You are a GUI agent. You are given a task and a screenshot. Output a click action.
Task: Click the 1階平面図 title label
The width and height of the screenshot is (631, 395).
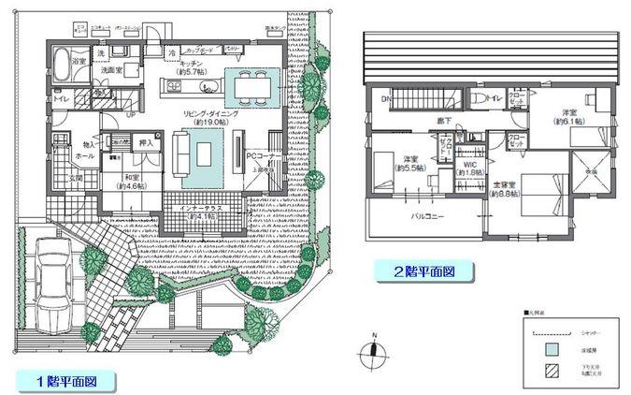pos(67,381)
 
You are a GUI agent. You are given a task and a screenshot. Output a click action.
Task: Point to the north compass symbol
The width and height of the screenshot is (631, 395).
pos(374,350)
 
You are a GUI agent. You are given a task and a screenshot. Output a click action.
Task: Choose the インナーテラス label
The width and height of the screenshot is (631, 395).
pos(200,207)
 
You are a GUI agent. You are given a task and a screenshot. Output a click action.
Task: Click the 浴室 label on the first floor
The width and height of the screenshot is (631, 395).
pos(79,61)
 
